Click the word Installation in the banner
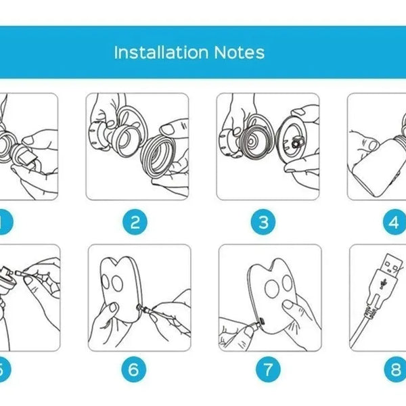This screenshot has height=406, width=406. click(161, 52)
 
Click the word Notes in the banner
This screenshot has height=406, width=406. click(240, 52)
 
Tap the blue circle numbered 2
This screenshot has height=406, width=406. click(135, 222)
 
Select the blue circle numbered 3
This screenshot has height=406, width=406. click(263, 222)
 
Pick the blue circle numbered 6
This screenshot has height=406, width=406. click(134, 369)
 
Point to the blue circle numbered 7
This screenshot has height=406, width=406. click(268, 369)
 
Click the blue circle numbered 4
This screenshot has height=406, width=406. click(394, 222)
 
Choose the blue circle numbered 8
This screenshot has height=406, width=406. click(395, 369)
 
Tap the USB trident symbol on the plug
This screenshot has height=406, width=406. click(382, 284)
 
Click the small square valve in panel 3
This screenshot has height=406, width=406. click(296, 143)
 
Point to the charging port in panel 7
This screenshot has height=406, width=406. click(261, 321)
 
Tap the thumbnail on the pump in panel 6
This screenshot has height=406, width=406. click(113, 307)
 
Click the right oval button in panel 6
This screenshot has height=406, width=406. click(117, 283)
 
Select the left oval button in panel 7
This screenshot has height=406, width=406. click(272, 288)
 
